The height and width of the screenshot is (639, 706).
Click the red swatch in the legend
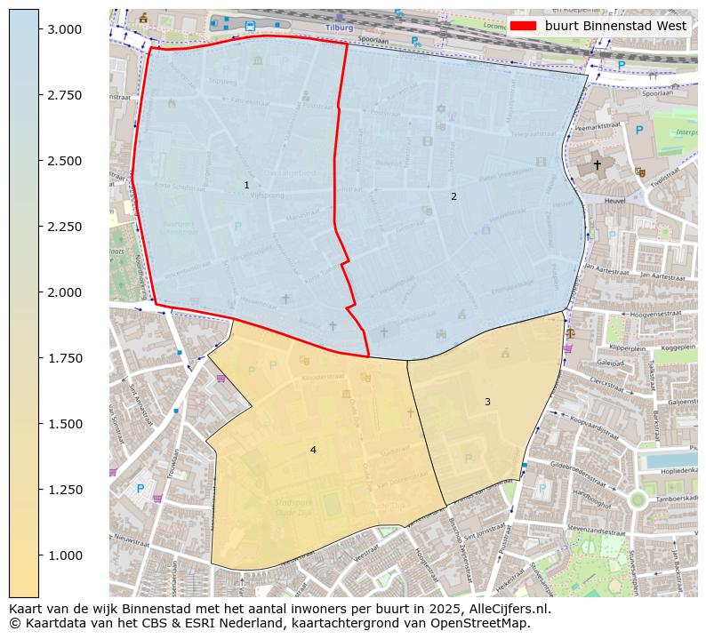pos(525,26)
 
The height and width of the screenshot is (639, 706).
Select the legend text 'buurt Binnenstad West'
pos(615,26)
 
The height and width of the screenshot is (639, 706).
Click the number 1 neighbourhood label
pos(246,185)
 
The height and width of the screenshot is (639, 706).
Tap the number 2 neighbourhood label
pos(453,196)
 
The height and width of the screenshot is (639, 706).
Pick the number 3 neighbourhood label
pos(487,402)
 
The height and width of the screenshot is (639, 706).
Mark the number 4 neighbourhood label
pos(313,450)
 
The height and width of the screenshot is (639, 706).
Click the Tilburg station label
pos(339,28)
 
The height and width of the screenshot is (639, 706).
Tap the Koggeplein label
pos(671,347)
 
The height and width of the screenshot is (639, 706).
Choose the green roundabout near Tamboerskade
pos(637,499)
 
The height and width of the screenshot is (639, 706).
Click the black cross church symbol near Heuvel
pos(597,164)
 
